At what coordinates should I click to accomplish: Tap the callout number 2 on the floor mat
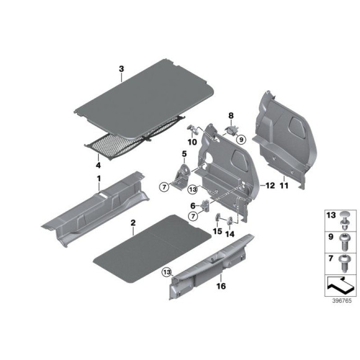tap(132, 222)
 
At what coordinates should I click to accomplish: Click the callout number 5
tap(184, 153)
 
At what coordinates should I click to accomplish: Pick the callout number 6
tap(193, 205)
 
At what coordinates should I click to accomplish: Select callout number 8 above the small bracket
tap(230, 115)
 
